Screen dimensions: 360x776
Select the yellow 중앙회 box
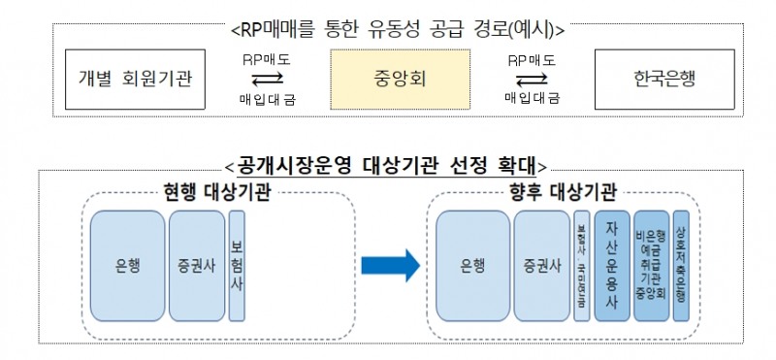tap(386, 79)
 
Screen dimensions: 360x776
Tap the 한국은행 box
tap(643, 79)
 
